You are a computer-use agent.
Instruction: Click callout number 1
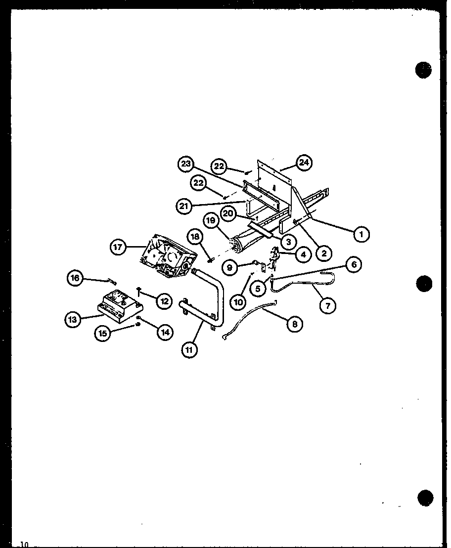coord(361,234)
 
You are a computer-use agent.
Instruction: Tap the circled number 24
coord(304,162)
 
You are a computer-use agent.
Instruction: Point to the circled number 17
coord(118,247)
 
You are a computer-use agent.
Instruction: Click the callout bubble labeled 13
coord(73,320)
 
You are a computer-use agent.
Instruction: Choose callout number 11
coord(189,350)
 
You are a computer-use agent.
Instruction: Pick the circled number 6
coord(354,265)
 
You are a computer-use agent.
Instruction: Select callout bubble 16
coord(75,278)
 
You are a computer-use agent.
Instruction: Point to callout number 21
coord(184,206)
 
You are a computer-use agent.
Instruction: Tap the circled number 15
coord(103,334)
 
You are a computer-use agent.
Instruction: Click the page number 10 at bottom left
coord(25,544)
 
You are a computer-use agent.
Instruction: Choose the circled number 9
coord(230,267)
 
